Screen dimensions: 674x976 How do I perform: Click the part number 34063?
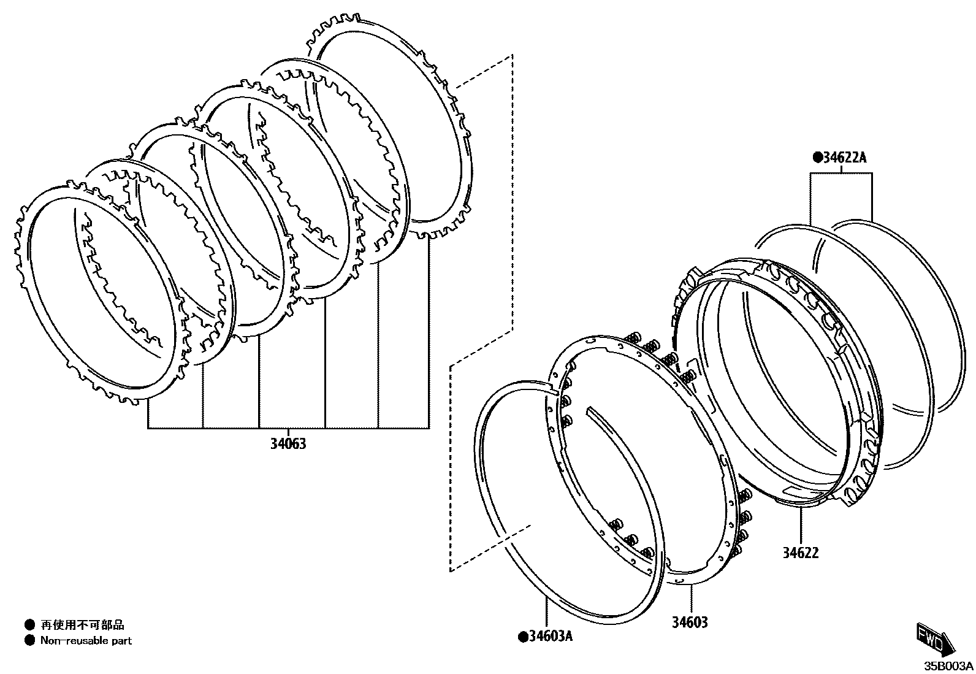288,443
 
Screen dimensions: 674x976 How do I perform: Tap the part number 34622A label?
844,158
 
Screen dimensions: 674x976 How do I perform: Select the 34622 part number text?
800,553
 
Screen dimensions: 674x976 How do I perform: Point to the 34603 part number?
689,622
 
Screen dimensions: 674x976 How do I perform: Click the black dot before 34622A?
817,158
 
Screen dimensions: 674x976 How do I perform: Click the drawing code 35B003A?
949,666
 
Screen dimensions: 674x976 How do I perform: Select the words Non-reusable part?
86,641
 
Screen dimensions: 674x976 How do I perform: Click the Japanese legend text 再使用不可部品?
82,625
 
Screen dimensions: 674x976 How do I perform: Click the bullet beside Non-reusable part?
29,641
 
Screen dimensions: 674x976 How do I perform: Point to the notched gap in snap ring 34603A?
551,388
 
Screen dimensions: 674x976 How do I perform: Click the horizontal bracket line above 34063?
288,427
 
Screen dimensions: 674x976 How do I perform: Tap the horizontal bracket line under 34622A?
841,174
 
